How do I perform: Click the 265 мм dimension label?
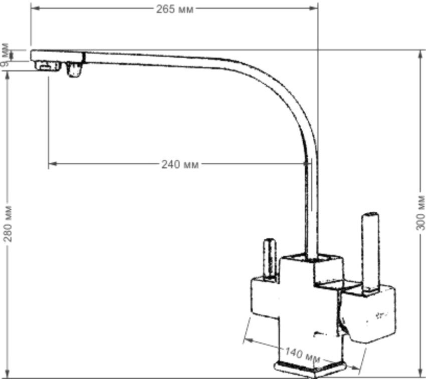tap(175, 9)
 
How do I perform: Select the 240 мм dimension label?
tap(180, 165)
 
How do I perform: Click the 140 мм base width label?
tap(302, 355)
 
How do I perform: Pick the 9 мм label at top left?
tap(5, 55)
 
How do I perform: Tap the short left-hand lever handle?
tap(270, 259)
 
